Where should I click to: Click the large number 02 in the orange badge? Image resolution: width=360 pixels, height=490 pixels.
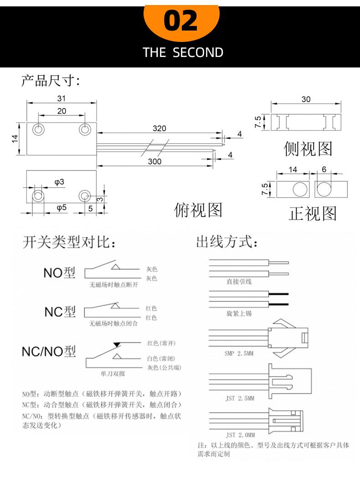180,21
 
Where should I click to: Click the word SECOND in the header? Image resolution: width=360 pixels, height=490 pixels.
198,52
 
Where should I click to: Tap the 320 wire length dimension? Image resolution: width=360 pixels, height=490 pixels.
159,128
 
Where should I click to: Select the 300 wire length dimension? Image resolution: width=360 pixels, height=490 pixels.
154,161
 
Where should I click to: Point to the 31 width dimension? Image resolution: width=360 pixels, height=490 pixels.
61,98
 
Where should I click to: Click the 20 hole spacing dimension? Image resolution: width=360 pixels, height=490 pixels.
62,111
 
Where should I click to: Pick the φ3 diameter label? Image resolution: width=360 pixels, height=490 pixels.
59,182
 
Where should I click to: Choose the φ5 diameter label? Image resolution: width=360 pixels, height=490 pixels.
62,207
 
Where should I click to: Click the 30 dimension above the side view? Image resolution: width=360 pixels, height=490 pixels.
306,99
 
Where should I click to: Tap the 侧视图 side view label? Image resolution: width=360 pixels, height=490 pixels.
308,149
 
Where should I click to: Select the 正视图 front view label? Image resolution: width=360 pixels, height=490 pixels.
313,214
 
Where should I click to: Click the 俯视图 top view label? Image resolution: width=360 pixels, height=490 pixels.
198,210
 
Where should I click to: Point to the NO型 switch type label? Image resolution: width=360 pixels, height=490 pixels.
59,273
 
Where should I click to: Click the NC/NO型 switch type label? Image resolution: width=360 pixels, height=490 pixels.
49,351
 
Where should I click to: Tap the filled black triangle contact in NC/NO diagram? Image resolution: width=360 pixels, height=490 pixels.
117,345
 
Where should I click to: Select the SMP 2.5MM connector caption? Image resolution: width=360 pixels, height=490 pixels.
239,353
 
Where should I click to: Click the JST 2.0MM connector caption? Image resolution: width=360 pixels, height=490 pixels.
240,435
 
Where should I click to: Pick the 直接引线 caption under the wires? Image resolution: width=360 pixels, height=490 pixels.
239,282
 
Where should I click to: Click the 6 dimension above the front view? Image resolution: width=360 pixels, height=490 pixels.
324,170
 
